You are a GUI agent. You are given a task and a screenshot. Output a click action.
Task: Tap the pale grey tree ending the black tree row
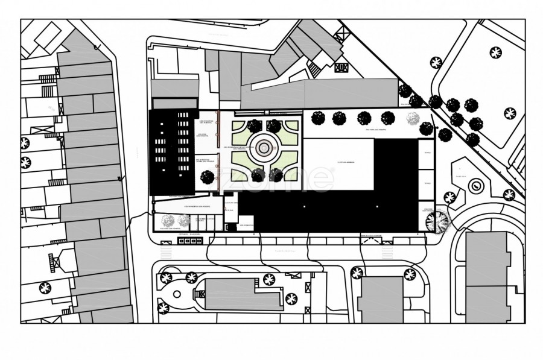point(413,118)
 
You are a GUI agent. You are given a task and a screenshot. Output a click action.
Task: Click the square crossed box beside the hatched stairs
point(341,68)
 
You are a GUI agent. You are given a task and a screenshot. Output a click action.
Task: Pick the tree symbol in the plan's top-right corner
point(496,53)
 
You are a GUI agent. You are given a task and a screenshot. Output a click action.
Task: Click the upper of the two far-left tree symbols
point(25,144)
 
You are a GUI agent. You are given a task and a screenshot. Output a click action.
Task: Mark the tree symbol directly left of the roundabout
point(449,197)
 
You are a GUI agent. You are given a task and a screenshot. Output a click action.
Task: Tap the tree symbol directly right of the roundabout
point(509,194)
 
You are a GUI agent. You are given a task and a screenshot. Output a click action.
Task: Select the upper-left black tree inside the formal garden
point(255,125)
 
